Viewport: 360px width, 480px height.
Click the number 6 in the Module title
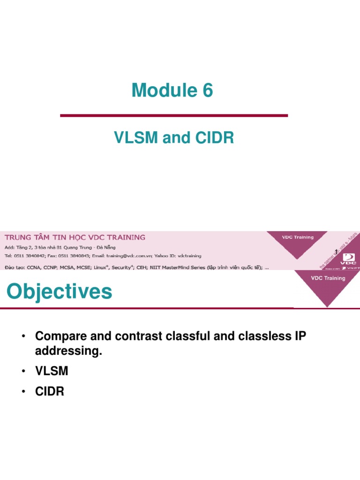(207, 90)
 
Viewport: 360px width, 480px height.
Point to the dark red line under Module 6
(174, 115)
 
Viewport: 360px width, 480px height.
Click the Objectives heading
(60, 292)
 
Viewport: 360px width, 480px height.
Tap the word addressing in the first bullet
(68, 351)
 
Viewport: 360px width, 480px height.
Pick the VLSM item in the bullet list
(52, 371)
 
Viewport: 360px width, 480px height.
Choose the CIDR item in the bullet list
(50, 391)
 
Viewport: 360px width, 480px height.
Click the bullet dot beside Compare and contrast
(22, 337)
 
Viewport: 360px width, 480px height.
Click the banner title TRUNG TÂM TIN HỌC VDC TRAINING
(75, 237)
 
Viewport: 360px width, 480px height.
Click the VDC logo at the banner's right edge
(349, 259)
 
